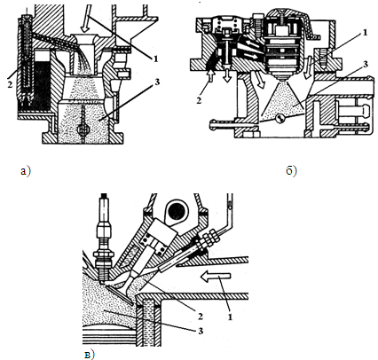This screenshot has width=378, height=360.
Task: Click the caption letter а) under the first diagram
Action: point(26,171)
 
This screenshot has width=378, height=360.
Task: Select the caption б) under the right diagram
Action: point(292,170)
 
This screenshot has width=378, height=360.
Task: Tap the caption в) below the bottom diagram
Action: point(89,355)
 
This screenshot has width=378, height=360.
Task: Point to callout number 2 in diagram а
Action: point(10,84)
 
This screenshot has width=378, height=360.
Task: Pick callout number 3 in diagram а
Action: point(157,82)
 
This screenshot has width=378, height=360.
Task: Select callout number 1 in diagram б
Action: point(366,33)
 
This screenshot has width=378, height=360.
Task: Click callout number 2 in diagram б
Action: point(199,100)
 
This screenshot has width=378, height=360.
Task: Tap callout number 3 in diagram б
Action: point(365,64)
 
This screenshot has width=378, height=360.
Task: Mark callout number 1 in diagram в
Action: point(230,317)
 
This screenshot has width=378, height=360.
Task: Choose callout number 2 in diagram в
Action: point(200,317)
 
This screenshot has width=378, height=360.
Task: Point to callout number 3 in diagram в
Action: point(201,331)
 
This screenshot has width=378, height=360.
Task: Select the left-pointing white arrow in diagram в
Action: point(215,277)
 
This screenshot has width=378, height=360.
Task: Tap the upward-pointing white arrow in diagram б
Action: point(211,74)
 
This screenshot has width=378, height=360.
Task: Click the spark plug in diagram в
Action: point(103,239)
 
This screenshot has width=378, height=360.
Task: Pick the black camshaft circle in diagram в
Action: point(177,210)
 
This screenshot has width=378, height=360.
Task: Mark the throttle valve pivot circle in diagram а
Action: point(83,129)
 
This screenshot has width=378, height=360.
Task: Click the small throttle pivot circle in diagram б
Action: point(280,119)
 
